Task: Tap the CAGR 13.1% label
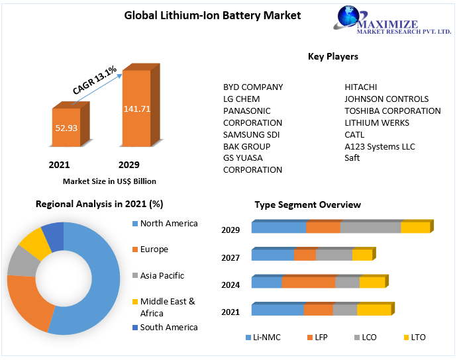(95, 80)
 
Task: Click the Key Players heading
(333, 56)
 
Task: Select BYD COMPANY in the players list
(253, 87)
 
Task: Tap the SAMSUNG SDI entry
(251, 134)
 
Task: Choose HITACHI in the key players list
(361, 87)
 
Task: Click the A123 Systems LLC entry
(380, 146)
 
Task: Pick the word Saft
(352, 158)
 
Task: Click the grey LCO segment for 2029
(370, 228)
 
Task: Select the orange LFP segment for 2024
(308, 283)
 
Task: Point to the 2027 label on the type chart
(230, 257)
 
